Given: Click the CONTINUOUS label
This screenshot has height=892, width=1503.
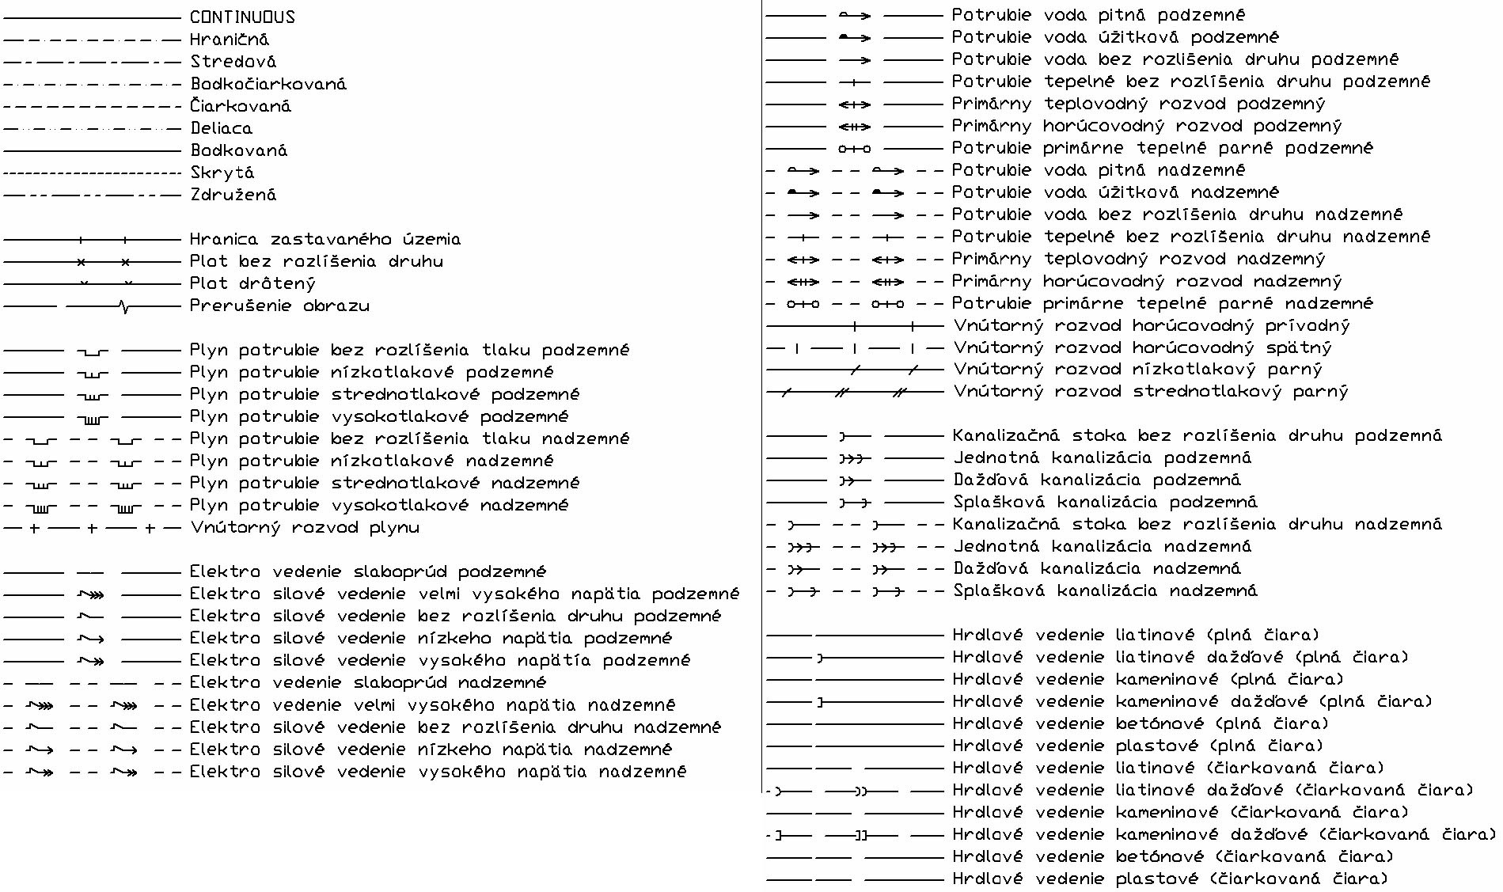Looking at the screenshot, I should point(242,17).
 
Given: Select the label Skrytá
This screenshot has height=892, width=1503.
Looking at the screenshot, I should point(222,173).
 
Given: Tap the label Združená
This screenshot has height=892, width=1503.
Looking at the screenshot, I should point(233,195).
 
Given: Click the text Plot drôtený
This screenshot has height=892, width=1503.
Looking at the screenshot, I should point(252,283).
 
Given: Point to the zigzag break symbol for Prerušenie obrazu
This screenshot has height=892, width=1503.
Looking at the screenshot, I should point(123,306).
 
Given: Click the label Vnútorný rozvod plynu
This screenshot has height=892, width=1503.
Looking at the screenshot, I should point(305,527).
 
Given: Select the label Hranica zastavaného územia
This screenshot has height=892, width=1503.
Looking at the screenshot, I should point(325,239).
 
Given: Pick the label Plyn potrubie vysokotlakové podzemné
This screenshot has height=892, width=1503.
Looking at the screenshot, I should point(379,416).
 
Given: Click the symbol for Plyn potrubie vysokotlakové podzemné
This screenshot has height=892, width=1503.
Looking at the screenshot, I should point(93,418).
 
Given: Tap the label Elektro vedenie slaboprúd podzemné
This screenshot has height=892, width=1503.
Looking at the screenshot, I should point(367,571).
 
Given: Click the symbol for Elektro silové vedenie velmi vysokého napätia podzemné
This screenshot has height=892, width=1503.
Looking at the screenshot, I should point(92,594).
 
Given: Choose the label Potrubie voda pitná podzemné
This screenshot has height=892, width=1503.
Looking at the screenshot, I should point(1098,15).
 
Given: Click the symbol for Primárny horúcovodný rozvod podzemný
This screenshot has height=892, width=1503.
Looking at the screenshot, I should point(855,126).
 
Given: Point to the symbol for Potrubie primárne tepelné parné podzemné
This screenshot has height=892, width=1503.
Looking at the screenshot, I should point(855,148).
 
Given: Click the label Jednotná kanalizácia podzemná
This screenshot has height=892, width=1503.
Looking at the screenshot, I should point(1102,457).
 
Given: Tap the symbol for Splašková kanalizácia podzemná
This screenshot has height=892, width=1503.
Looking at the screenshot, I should point(855,502).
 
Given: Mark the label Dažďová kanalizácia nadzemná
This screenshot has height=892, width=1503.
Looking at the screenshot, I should point(1096,568).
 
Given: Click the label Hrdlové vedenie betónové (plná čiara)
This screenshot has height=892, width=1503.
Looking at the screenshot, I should point(1140,723).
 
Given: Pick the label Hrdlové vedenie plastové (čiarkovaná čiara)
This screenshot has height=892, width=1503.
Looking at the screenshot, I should point(1170,879).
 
